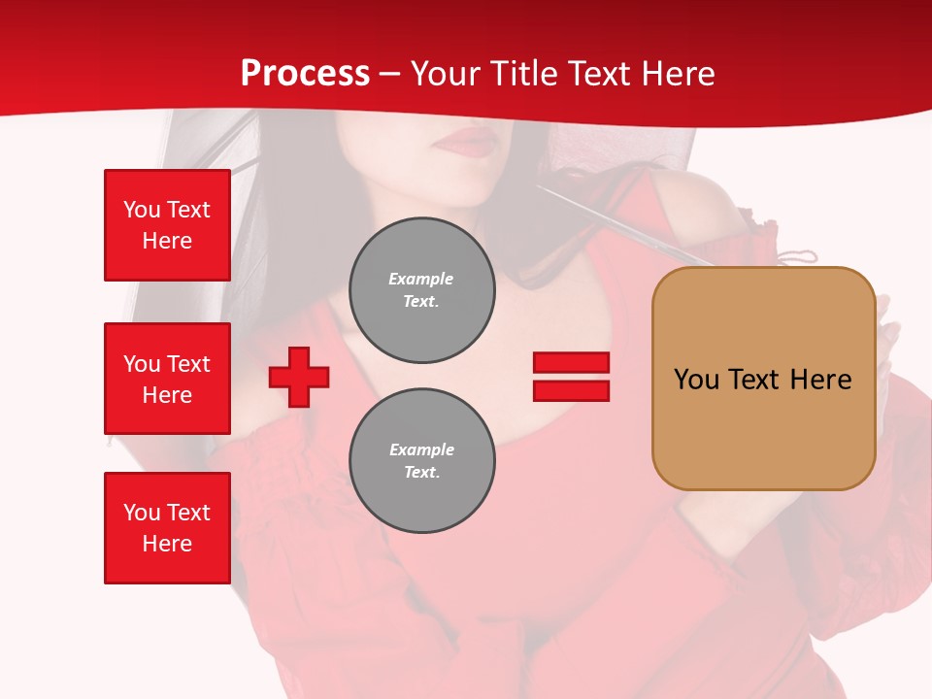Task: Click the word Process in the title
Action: [x=305, y=74]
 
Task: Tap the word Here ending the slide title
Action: [x=675, y=74]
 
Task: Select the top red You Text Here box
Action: [x=167, y=225]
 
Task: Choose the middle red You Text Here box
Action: [x=167, y=379]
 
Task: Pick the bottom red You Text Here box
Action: [x=167, y=528]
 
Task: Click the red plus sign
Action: [x=299, y=377]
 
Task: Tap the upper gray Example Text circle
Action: [x=422, y=290]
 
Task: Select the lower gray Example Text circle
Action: [x=422, y=461]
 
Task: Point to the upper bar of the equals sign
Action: [x=571, y=362]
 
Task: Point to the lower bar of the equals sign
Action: [x=571, y=391]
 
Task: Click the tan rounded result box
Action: [x=763, y=427]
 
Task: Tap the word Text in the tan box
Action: [x=753, y=379]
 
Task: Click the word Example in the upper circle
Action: [x=421, y=279]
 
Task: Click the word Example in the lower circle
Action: [x=421, y=449]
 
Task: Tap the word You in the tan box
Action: [x=696, y=379]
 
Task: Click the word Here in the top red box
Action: [x=167, y=241]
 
